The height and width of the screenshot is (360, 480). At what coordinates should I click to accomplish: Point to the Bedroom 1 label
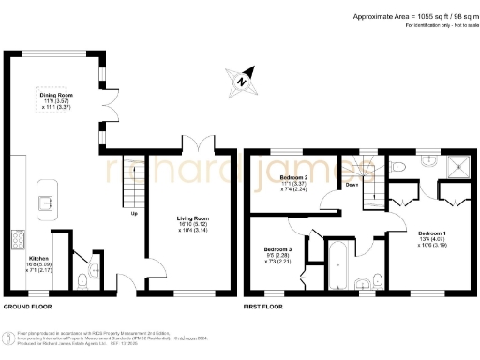pos(431,232)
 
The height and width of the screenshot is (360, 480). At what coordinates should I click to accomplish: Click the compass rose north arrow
pos(242,82)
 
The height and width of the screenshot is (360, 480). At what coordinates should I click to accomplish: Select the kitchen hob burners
pos(17,240)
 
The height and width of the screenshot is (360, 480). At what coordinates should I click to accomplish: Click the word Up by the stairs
pos(134,214)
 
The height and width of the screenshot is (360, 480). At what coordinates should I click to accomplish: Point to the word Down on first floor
pos(352,186)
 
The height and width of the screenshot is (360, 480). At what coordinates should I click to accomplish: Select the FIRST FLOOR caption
pos(265,307)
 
